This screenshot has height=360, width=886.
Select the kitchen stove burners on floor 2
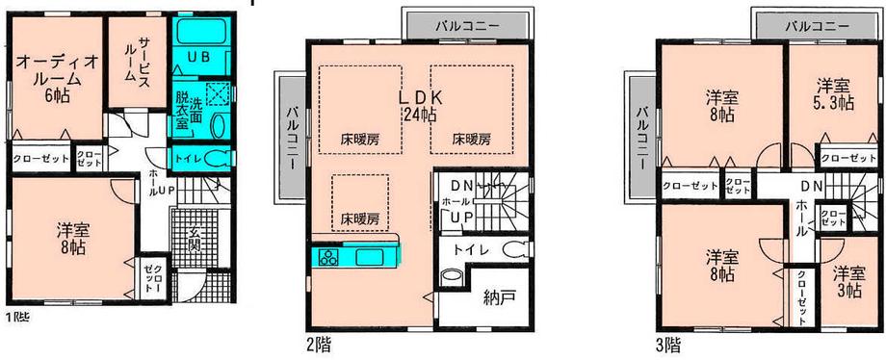pyautogui.click(x=326, y=258)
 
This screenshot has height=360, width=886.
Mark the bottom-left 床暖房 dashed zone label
pyautogui.click(x=358, y=218)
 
